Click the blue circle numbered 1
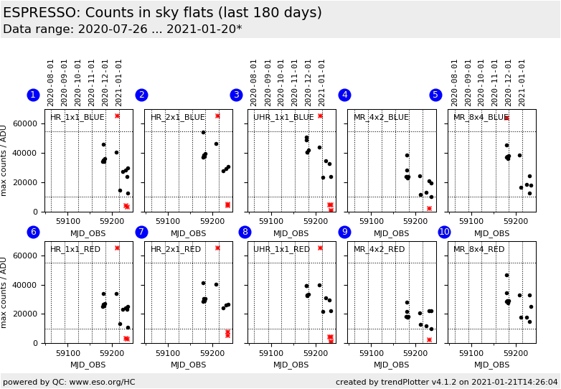point(33,95)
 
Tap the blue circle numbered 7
point(141,232)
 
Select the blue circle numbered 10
point(444,232)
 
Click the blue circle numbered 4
point(344,95)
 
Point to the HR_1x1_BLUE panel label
point(77,117)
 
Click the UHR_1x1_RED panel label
point(282,249)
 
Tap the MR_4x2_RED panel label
point(379,249)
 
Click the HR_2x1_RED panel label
point(176,249)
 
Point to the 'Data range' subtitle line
point(122,29)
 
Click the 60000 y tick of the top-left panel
point(27,123)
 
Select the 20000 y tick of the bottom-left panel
point(27,314)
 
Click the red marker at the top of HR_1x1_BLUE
point(117,116)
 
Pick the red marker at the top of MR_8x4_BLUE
point(506,118)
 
